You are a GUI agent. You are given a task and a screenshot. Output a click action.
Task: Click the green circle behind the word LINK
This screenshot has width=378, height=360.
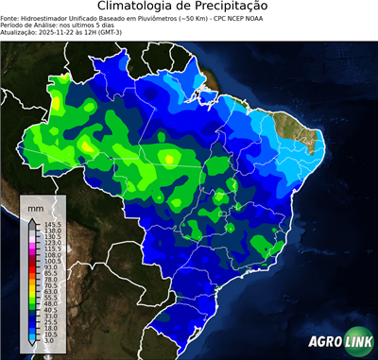click(356, 341)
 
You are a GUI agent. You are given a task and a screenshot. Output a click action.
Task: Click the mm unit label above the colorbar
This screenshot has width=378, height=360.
click(35, 206)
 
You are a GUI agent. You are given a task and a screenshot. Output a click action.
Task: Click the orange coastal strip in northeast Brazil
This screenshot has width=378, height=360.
click(288, 129)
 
